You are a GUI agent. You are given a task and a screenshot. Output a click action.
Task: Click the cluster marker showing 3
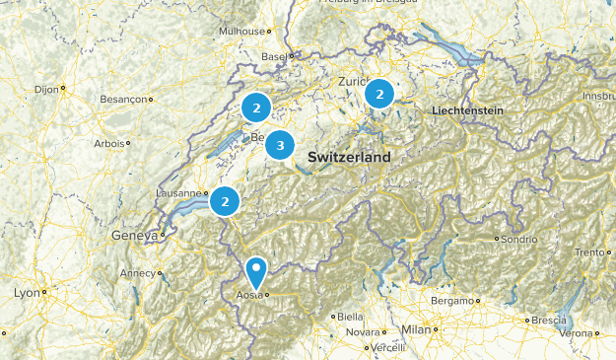pyautogui.click(x=280, y=146)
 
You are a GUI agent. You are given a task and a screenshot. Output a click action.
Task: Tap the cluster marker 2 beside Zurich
pyautogui.click(x=379, y=94)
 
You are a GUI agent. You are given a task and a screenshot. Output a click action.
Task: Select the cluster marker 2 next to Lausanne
pyautogui.click(x=226, y=201)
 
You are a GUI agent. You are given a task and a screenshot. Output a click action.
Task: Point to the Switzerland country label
pyautogui.click(x=349, y=158)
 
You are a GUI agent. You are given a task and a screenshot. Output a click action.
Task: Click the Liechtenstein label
pyautogui.click(x=467, y=111)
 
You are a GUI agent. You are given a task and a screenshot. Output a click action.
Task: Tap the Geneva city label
pyautogui.click(x=134, y=236)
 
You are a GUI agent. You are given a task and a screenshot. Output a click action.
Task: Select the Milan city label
pyautogui.click(x=416, y=329)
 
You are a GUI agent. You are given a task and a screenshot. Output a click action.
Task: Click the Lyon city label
pyautogui.click(x=28, y=293)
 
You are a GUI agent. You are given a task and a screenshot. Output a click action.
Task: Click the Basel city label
pyautogui.click(x=273, y=56)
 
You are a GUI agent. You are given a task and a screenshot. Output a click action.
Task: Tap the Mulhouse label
pyautogui.click(x=242, y=32)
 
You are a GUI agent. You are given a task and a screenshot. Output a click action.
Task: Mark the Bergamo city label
pyautogui.click(x=452, y=300)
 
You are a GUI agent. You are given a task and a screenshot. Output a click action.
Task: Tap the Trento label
pyautogui.click(x=589, y=252)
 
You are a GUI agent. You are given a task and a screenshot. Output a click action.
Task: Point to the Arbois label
pyautogui.click(x=109, y=143)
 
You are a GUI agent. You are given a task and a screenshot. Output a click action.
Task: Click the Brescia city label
pyautogui.click(x=548, y=321)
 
